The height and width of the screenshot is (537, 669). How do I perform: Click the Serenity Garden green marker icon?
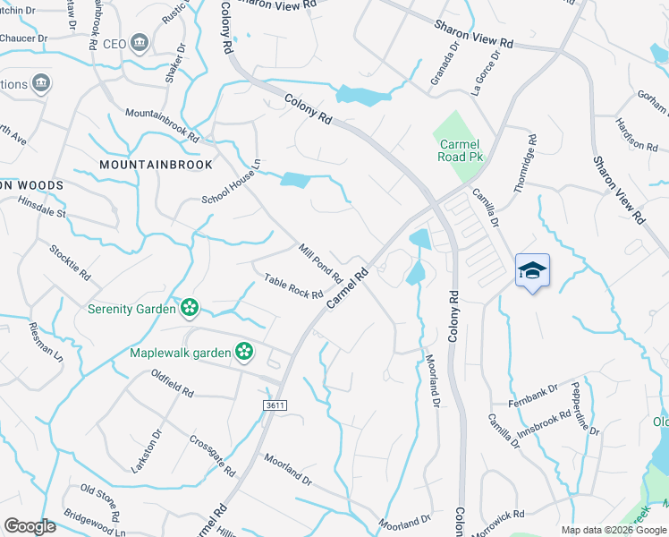click(x=189, y=309)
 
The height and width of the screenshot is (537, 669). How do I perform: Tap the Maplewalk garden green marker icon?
click(x=243, y=352)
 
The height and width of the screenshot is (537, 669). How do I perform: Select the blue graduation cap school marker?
click(x=532, y=270)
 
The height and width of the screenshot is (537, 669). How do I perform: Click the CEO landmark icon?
click(x=139, y=43)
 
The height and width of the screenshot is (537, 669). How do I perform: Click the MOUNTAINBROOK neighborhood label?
click(x=157, y=165)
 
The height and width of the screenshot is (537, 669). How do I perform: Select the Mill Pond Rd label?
click(x=321, y=263)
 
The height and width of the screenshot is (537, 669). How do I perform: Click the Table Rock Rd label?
click(x=292, y=287)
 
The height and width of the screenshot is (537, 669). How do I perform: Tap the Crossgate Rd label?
click(x=213, y=456)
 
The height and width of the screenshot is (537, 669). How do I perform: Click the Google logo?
click(x=30, y=526)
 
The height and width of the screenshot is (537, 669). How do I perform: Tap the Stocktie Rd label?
click(x=70, y=259)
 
